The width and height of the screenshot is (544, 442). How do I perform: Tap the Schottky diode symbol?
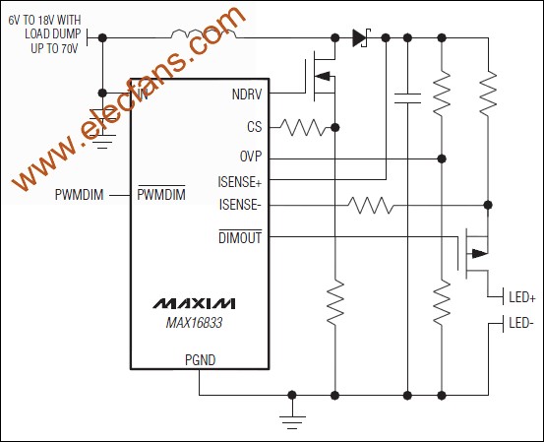click(359, 38)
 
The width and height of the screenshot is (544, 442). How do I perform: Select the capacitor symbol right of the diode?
click(406, 96)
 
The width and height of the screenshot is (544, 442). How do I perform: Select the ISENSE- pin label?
click(240, 205)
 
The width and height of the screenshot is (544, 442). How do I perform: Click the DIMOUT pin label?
click(240, 236)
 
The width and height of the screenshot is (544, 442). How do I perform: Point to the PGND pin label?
click(199, 360)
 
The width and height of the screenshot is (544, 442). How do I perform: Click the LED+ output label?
click(520, 296)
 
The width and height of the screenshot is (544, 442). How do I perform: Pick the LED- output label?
click(520, 323)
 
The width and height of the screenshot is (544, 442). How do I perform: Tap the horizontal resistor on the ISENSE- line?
click(370, 205)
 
